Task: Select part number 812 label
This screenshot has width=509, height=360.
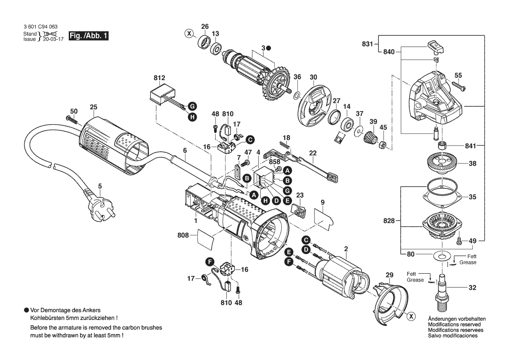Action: [159, 78]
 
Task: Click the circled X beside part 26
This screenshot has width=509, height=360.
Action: [189, 33]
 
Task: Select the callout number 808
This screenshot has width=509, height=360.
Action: [183, 235]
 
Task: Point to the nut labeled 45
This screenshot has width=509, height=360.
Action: [383, 145]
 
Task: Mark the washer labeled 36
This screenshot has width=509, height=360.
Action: [296, 95]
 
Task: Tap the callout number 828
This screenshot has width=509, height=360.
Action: [389, 221]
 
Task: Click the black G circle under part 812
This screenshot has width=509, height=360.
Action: [192, 106]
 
